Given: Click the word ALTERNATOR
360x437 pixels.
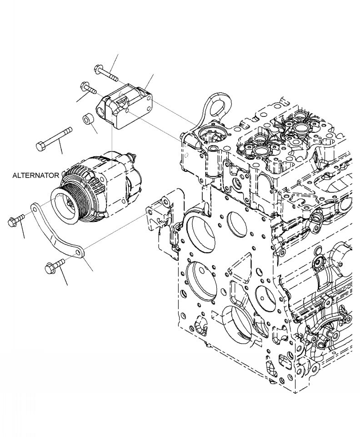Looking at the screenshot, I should [x=35, y=175].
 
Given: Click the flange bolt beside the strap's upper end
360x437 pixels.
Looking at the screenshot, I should [x=14, y=222].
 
